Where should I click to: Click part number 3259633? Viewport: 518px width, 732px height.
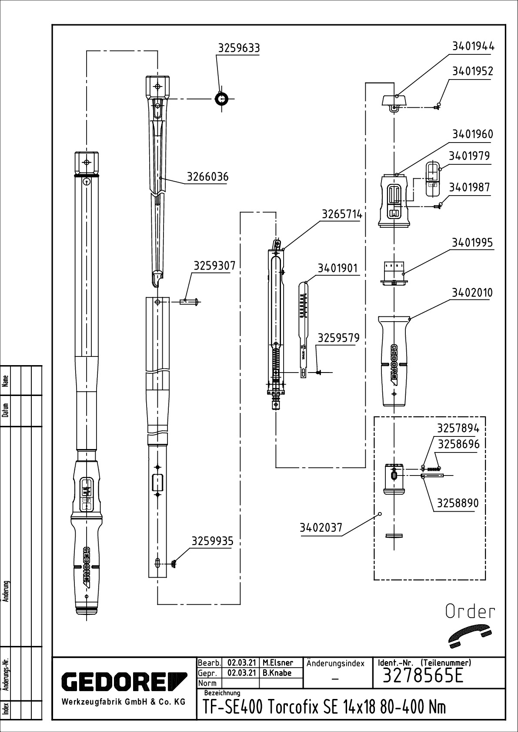(239, 48)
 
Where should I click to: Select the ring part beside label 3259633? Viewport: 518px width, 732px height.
(222, 99)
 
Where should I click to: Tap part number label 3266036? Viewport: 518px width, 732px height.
(207, 177)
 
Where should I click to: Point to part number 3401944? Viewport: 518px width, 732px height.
(473, 47)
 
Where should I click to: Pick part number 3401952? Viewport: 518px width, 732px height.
(473, 71)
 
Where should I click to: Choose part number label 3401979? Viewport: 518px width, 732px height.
(469, 156)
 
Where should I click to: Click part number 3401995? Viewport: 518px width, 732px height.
(472, 243)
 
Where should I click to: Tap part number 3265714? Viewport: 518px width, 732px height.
(342, 215)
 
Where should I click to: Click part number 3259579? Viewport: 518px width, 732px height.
(339, 338)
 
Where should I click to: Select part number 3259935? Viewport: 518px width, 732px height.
(213, 541)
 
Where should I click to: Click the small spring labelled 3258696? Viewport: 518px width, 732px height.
(433, 469)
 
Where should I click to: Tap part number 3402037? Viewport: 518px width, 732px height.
(321, 528)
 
